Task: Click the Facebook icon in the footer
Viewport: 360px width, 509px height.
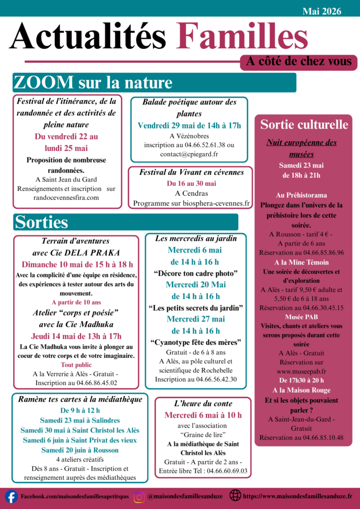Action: (11, 496)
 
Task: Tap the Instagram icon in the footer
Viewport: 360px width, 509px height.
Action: (139, 496)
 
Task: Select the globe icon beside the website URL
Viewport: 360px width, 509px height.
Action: (235, 496)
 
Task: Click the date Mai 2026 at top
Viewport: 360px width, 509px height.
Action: (322, 11)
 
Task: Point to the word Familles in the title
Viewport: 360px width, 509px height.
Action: (242, 37)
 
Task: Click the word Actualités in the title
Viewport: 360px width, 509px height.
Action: (88, 37)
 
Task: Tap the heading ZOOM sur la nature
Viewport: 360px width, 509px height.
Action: (93, 83)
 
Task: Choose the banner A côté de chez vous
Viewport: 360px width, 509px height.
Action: (299, 62)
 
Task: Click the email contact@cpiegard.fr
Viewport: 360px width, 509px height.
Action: (189, 154)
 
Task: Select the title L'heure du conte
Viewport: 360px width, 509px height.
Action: (203, 404)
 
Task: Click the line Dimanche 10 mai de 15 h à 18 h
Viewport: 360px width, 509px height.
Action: (77, 264)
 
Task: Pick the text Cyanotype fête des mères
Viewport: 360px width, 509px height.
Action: (195, 342)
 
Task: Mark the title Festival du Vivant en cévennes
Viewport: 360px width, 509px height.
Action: (191, 172)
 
